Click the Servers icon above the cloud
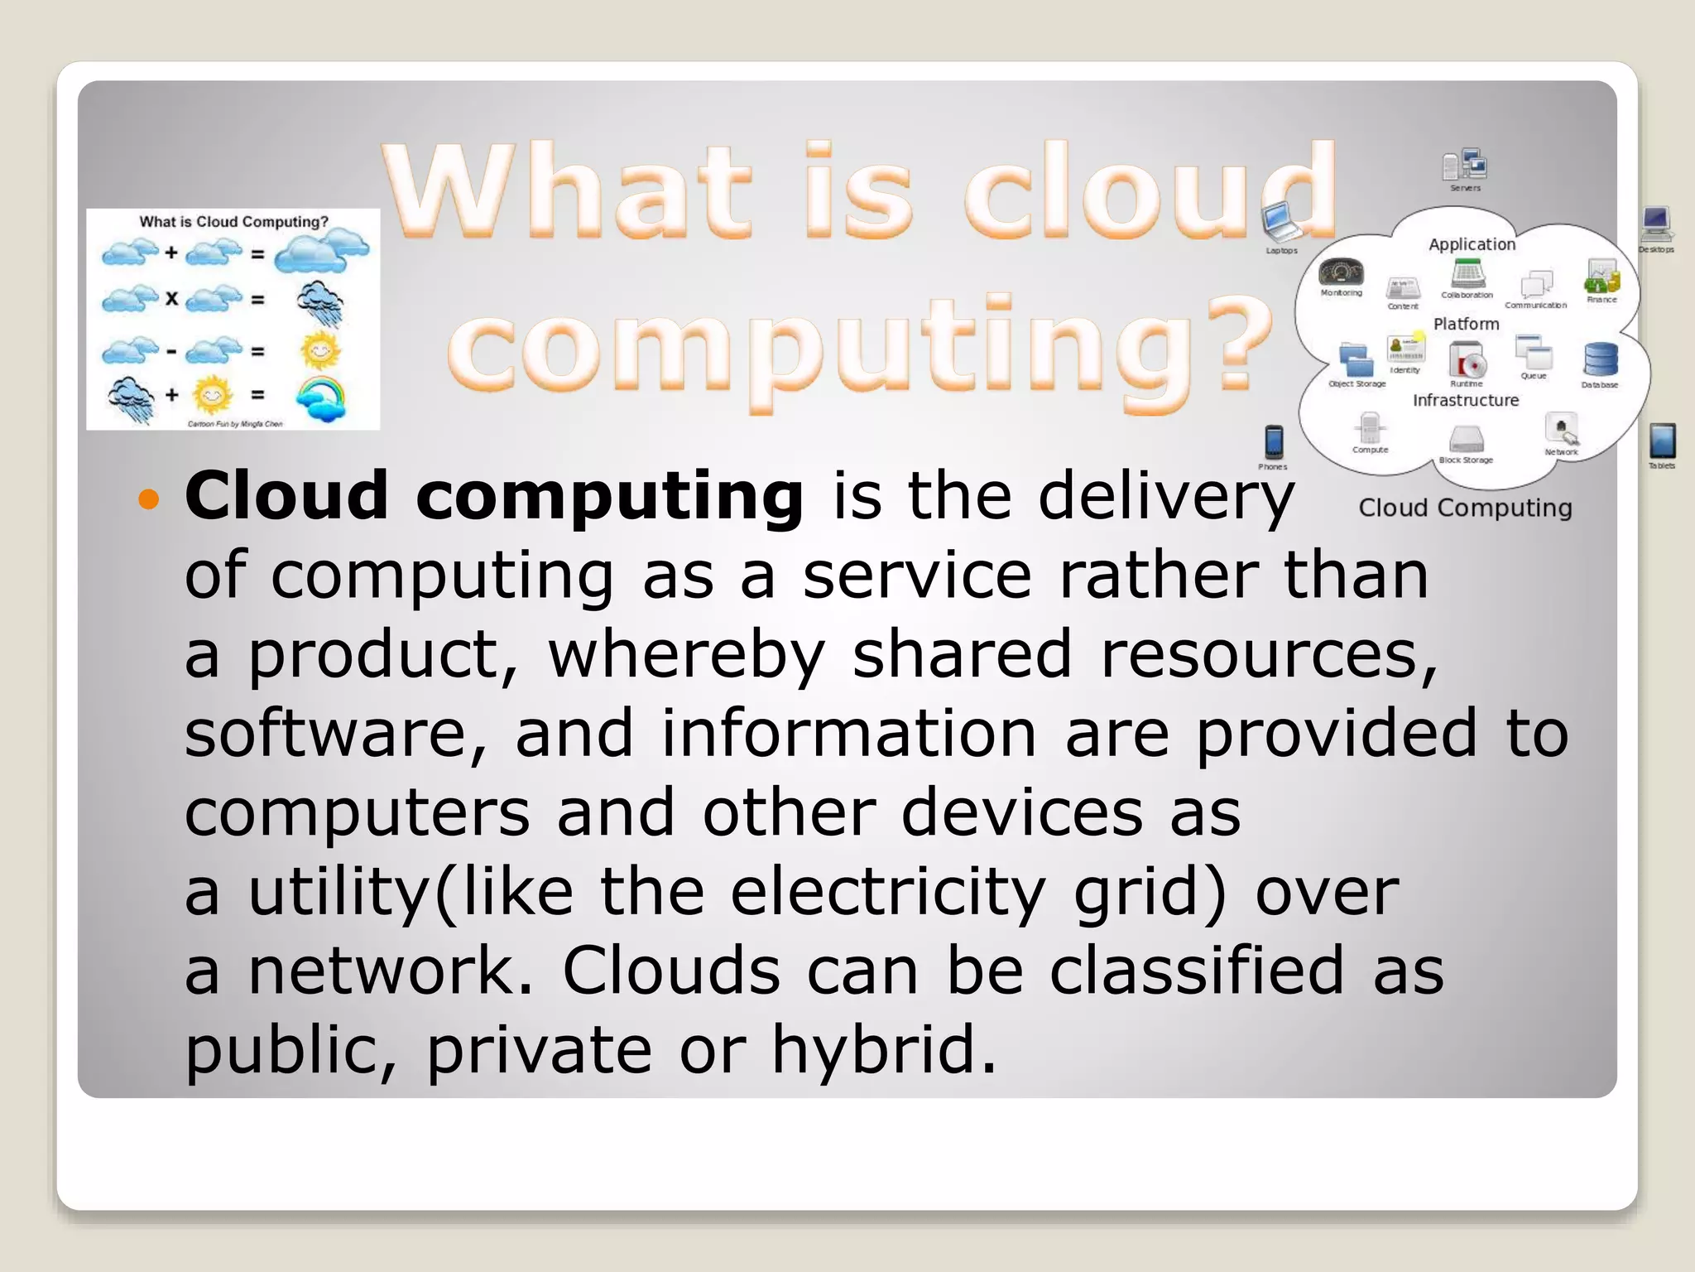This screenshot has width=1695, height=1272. point(1465,165)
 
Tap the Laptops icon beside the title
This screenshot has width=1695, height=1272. point(1282,222)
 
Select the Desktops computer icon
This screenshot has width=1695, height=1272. point(1655,224)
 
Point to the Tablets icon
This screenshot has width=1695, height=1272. point(1662,441)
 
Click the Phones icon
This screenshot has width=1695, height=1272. point(1274,442)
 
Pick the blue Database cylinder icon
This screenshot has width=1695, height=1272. point(1600,360)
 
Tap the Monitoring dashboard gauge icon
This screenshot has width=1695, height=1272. point(1341,272)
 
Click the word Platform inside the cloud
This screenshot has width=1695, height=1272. point(1466,324)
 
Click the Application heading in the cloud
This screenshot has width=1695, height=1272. point(1472,244)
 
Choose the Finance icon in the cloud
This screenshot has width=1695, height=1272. point(1601,277)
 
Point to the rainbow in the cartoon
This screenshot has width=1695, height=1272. point(321,397)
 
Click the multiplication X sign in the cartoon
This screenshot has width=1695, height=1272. point(171,298)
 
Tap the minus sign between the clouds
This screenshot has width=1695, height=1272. point(171,351)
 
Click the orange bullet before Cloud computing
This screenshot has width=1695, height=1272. point(148,499)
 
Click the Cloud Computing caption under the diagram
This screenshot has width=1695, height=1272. point(1465,508)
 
